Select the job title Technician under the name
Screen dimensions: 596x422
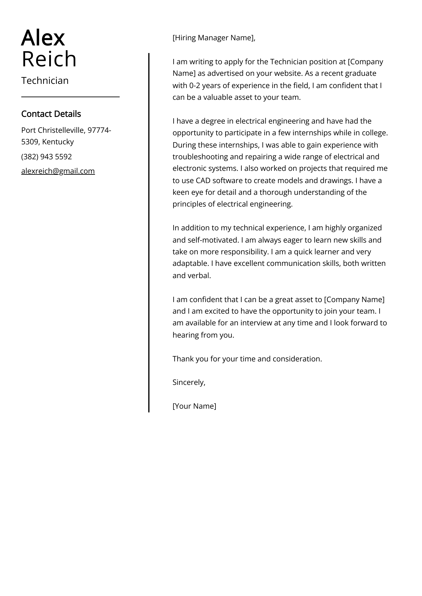click(x=45, y=81)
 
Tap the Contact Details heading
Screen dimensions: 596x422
click(x=51, y=114)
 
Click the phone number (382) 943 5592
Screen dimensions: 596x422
click(x=46, y=157)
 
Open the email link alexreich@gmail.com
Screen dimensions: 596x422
click(x=58, y=171)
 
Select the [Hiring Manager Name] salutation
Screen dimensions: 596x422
click(x=214, y=38)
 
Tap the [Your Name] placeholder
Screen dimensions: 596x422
click(x=194, y=406)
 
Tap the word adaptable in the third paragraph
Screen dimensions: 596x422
click(x=190, y=263)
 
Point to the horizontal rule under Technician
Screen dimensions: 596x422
click(x=70, y=97)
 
